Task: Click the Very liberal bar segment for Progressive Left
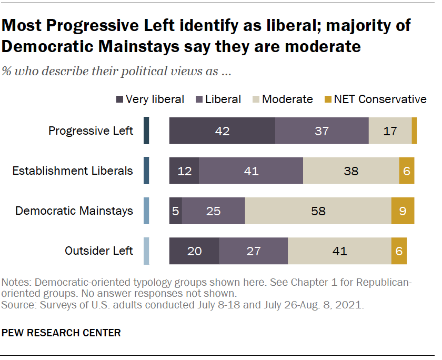[x=222, y=131]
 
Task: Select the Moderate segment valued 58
[x=318, y=211]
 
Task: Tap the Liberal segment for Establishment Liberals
[x=251, y=171]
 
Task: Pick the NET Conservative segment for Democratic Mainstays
[x=403, y=211]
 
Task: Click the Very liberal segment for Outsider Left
[x=194, y=251]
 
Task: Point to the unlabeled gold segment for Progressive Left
[x=414, y=131]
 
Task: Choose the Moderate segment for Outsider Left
[x=339, y=251]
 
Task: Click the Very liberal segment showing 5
[x=175, y=211]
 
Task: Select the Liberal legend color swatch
[x=199, y=99]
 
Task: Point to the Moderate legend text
[x=287, y=99]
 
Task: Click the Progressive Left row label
[x=91, y=131]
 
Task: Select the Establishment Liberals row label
[x=73, y=171]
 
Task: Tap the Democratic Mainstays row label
[x=74, y=211]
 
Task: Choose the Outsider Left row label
[x=99, y=251]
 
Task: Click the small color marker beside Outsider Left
[x=146, y=251]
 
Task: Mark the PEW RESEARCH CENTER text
[x=62, y=333]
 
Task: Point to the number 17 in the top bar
[x=390, y=131]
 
